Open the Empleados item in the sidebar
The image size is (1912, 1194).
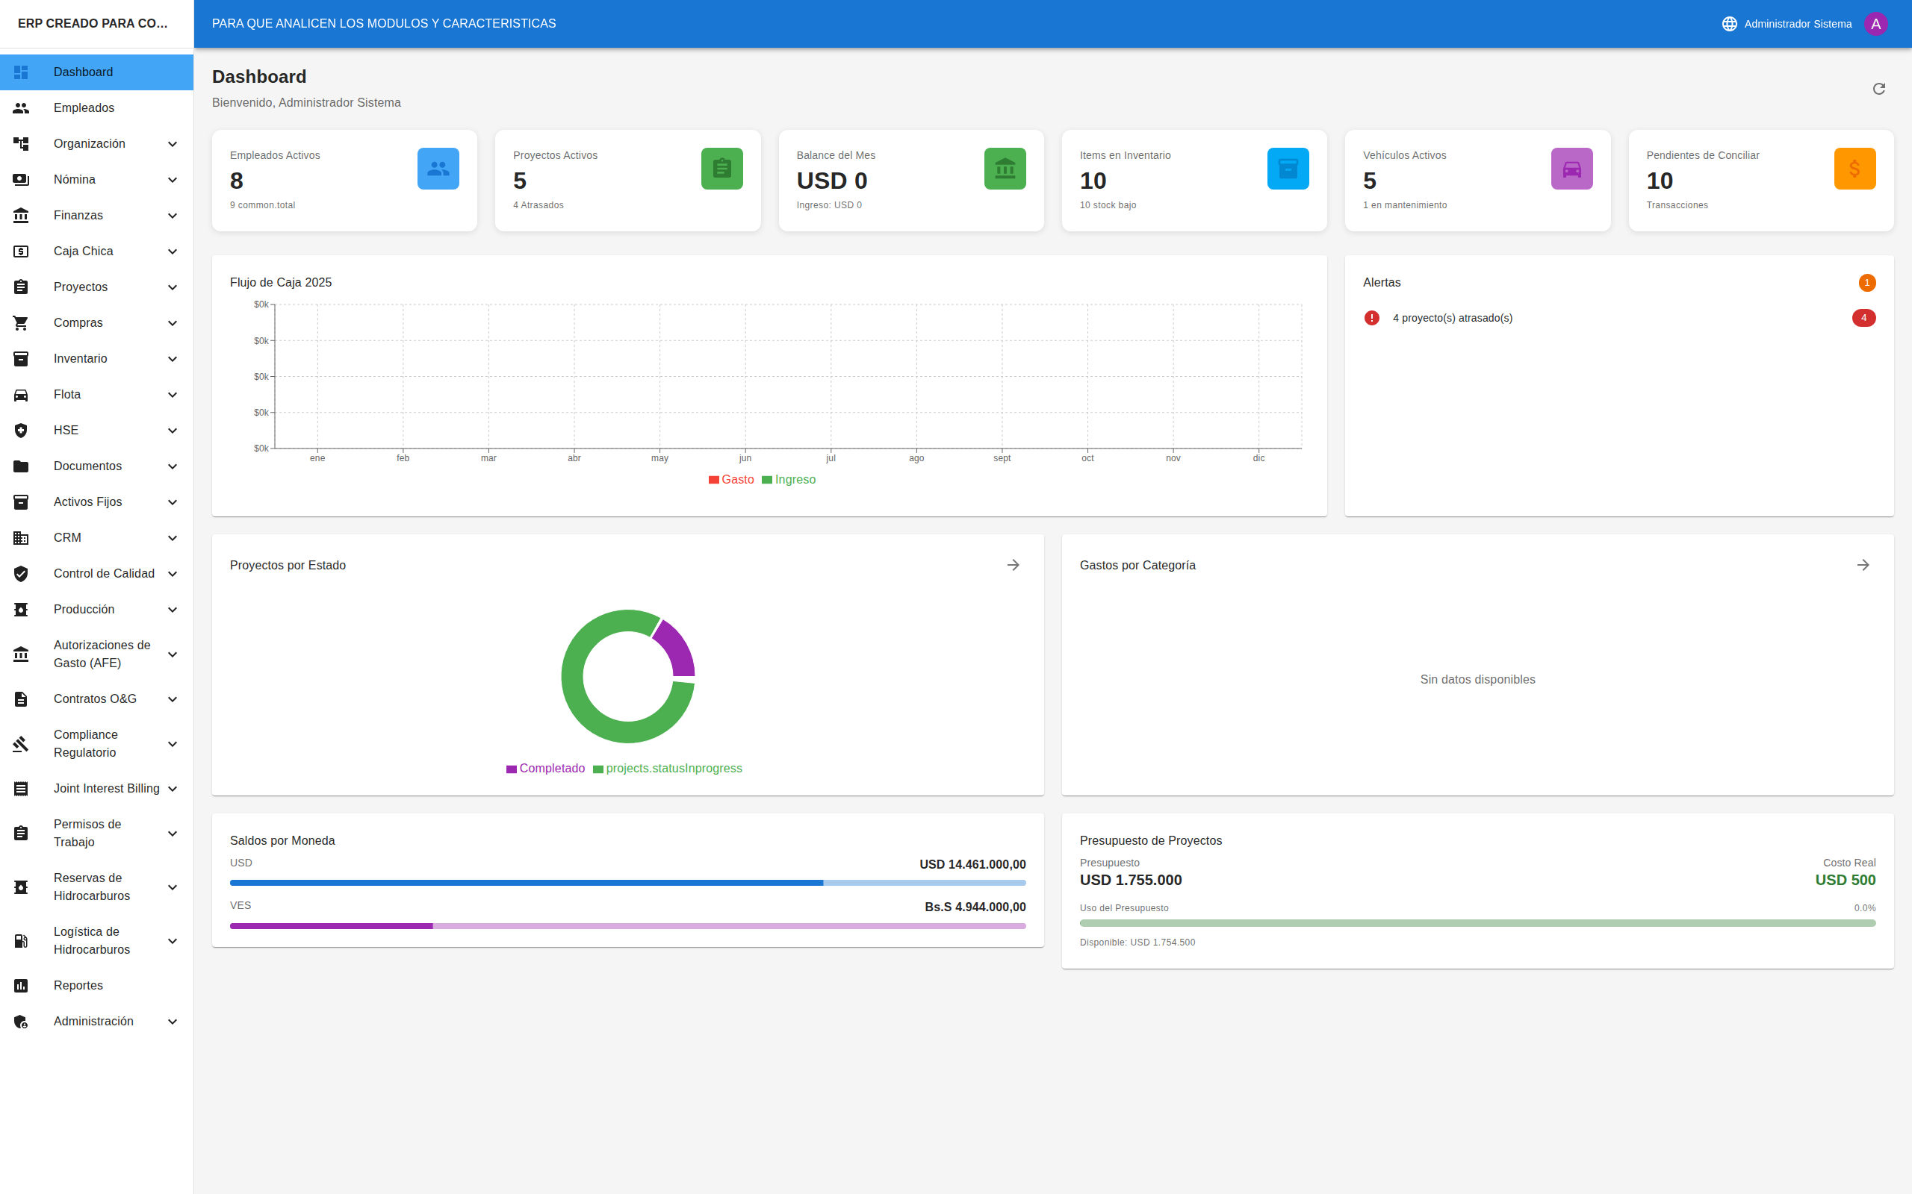click(x=84, y=107)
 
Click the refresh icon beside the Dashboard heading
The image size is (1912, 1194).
click(x=1879, y=89)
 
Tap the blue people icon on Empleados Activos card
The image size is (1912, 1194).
click(x=438, y=168)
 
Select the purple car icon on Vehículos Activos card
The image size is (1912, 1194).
click(x=1571, y=168)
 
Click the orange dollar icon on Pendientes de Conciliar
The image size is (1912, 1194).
click(x=1854, y=168)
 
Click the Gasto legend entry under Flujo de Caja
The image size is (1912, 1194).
click(x=732, y=479)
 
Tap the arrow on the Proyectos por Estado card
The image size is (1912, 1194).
click(x=1013, y=566)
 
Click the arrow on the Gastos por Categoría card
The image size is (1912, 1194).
click(x=1863, y=566)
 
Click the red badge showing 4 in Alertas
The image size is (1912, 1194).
click(x=1863, y=317)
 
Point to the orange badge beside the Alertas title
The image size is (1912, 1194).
click(x=1867, y=283)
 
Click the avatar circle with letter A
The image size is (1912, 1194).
click(x=1875, y=24)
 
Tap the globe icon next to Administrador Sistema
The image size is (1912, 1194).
click(x=1730, y=24)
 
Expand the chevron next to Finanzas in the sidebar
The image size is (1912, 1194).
click(x=173, y=216)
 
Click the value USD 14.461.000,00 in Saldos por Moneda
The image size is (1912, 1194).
click(x=972, y=864)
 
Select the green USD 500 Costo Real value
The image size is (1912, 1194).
click(x=1845, y=880)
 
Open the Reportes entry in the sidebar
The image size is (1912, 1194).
click(x=78, y=985)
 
